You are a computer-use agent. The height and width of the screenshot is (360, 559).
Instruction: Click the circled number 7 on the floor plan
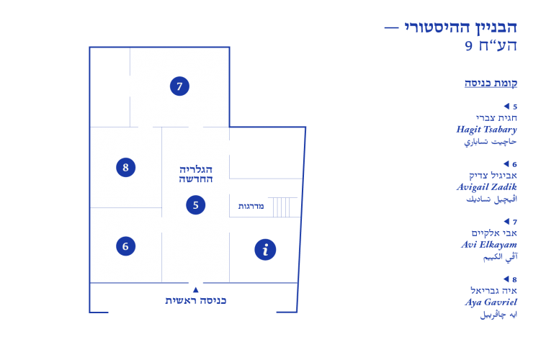pyautogui.click(x=179, y=86)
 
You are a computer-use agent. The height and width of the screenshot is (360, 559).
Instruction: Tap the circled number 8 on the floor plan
pyautogui.click(x=125, y=167)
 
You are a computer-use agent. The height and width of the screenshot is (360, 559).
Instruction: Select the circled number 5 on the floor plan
pyautogui.click(x=195, y=205)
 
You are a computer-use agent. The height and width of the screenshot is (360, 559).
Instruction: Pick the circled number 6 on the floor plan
pyautogui.click(x=125, y=246)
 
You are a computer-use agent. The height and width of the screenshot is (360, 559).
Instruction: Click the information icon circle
pyautogui.click(x=265, y=250)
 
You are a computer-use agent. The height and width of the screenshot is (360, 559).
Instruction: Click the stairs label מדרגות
pyautogui.click(x=251, y=206)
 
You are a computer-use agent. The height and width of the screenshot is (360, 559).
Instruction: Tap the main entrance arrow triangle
pyautogui.click(x=195, y=289)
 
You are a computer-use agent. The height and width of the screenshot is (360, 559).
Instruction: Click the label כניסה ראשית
pyautogui.click(x=195, y=300)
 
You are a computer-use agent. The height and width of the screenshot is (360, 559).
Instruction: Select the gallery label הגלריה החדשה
pyautogui.click(x=196, y=174)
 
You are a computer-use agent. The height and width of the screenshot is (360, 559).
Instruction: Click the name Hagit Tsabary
pyautogui.click(x=486, y=130)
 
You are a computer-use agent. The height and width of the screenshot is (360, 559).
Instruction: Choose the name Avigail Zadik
pyautogui.click(x=487, y=186)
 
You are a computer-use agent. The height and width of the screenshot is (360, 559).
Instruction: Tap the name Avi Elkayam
pyautogui.click(x=489, y=245)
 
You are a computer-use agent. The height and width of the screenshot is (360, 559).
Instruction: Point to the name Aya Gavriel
pyautogui.click(x=491, y=302)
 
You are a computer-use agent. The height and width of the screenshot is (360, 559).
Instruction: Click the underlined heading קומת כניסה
pyautogui.click(x=491, y=83)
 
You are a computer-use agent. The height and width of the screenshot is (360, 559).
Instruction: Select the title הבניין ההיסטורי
pyautogui.click(x=460, y=27)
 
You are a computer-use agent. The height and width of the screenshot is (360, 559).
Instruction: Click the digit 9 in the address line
pyautogui.click(x=468, y=45)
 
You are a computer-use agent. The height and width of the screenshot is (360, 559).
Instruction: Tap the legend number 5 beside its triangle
pyautogui.click(x=515, y=107)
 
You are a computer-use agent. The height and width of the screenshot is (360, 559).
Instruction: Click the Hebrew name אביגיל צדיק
pyautogui.click(x=493, y=176)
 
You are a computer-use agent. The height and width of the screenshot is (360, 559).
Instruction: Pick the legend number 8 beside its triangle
pyautogui.click(x=515, y=279)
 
